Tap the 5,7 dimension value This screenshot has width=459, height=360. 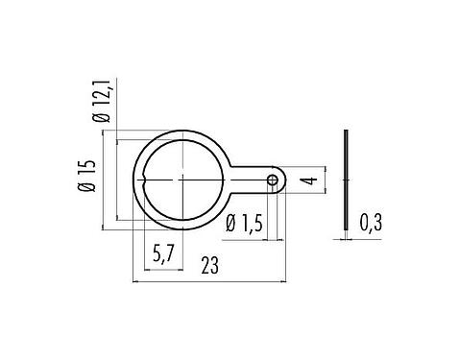(x=164, y=254)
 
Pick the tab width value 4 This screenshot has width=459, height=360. (x=306, y=179)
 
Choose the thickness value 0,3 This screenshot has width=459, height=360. (x=371, y=223)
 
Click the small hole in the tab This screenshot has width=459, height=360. (x=273, y=180)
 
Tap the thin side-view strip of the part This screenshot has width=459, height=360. (x=345, y=179)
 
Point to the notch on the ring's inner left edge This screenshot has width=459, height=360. (x=145, y=180)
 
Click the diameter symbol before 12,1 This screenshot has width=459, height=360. (x=107, y=121)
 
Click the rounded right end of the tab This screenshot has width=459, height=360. (x=284, y=180)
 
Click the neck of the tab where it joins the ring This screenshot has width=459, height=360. (x=235, y=180)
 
